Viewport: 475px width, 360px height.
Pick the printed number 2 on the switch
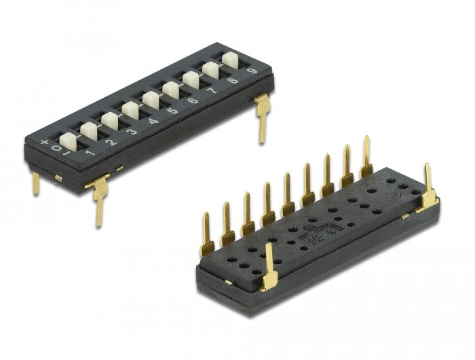click(111, 142)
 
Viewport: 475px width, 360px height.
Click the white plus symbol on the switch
click(45, 143)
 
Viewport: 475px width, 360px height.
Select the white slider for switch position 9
click(230, 59)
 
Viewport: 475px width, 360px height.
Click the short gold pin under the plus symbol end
click(36, 183)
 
